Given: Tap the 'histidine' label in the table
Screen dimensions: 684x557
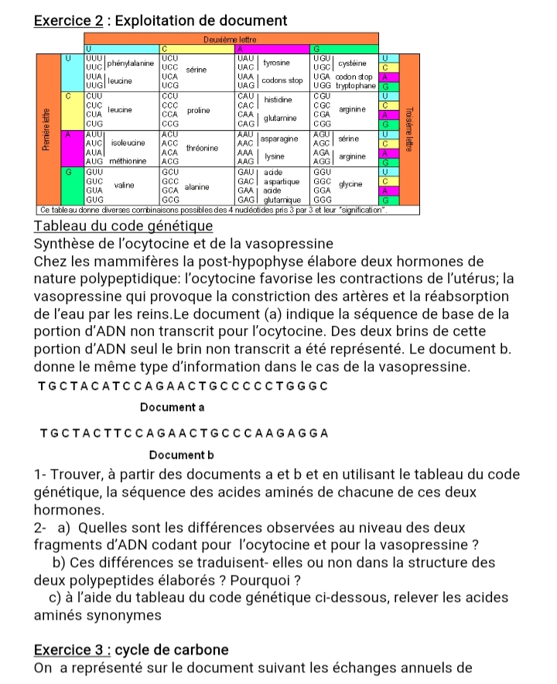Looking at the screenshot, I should [277, 101].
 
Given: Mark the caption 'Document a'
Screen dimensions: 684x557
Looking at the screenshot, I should [172, 407].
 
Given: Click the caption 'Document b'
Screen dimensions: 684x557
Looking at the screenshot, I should [180, 455].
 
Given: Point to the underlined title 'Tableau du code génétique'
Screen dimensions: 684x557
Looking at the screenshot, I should [123, 226].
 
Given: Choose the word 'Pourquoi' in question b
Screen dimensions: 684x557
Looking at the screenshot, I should [260, 580].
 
